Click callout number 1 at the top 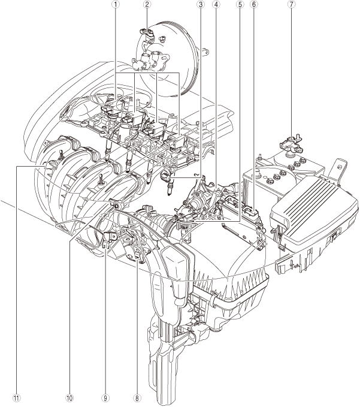pyautogui.click(x=116, y=4)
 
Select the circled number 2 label pyautogui.click(x=147, y=4)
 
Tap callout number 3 pyautogui.click(x=200, y=4)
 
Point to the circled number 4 pyautogui.click(x=216, y=4)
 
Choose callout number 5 pyautogui.click(x=240, y=4)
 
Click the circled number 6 pyautogui.click(x=253, y=4)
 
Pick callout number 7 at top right pyautogui.click(x=291, y=4)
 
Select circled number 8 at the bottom pyautogui.click(x=137, y=398)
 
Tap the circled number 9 pyautogui.click(x=105, y=398)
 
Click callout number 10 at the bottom pyautogui.click(x=69, y=398)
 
